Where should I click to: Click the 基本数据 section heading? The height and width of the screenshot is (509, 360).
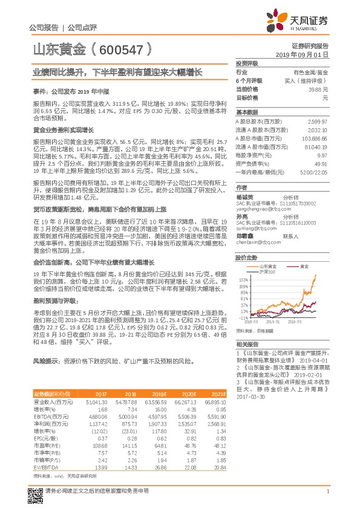coord(246,112)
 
